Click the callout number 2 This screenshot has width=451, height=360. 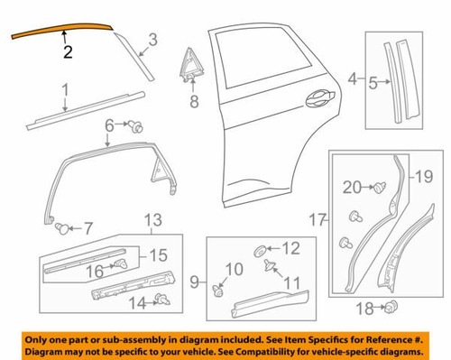tap(68, 53)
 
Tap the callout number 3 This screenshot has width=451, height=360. tap(152, 39)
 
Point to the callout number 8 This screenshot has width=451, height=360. tap(192, 103)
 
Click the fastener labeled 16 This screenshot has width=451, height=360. tap(116, 264)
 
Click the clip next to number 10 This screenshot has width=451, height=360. tap(217, 291)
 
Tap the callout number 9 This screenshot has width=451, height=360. tap(193, 284)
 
